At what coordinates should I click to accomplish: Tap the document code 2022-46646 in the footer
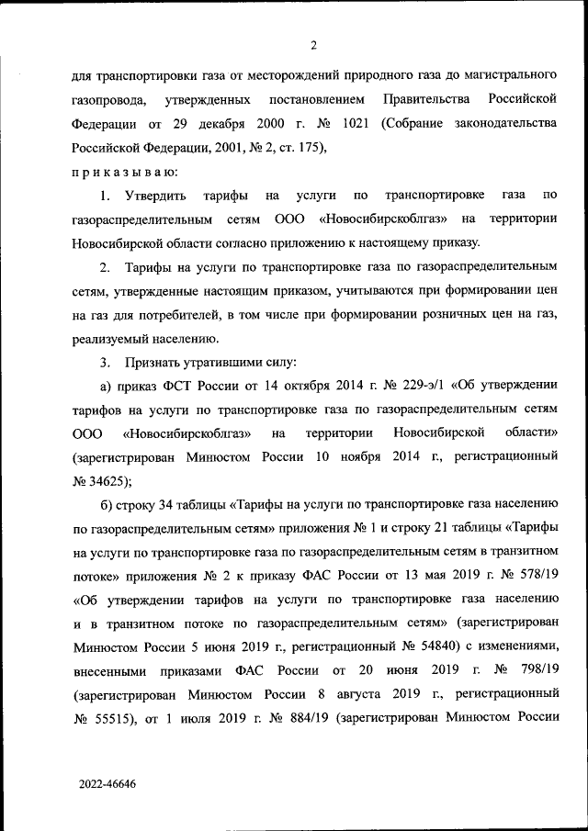coord(106,786)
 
